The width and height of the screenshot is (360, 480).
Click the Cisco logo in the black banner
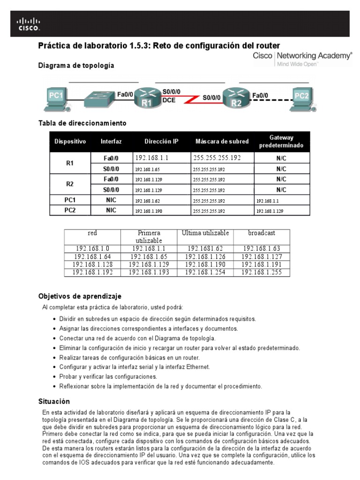pyautogui.click(x=29, y=24)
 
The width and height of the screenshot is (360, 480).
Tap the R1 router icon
pyautogui.click(x=146, y=98)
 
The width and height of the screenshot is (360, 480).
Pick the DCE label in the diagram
pyautogui.click(x=169, y=100)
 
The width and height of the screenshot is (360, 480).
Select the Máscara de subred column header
pyautogui.click(x=222, y=141)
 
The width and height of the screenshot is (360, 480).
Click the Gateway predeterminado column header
pyautogui.click(x=281, y=141)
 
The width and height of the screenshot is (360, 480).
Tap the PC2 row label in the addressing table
pyautogui.click(x=70, y=210)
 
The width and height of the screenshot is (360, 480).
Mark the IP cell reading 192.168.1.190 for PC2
pyautogui.click(x=149, y=211)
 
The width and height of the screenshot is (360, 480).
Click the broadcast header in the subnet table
pyautogui.click(x=262, y=233)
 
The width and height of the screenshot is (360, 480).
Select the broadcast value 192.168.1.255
pyautogui.click(x=262, y=272)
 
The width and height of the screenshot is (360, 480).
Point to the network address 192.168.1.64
pyautogui.click(x=92, y=257)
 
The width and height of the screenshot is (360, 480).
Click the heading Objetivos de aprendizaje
pyautogui.click(x=80, y=296)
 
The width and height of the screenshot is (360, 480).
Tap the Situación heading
pyautogui.click(x=54, y=401)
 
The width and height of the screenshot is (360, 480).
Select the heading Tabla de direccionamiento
pyautogui.click(x=82, y=123)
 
